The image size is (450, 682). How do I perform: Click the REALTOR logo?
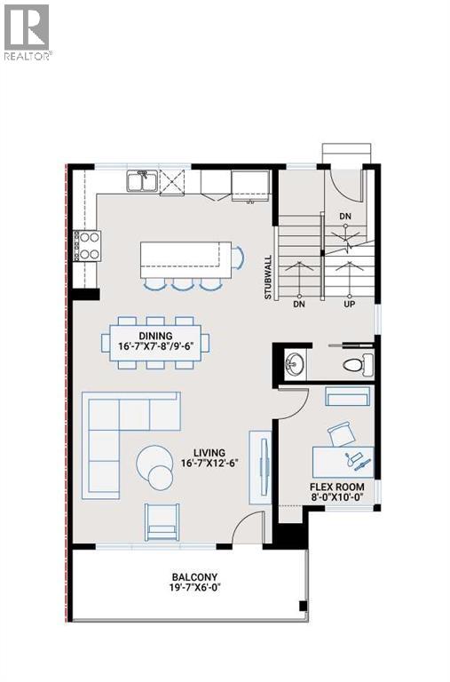point(28,32)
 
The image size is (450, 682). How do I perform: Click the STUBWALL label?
point(267,278)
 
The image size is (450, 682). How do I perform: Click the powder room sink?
point(294,363)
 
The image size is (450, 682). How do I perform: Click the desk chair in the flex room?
point(340,434)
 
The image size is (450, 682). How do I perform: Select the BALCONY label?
point(194,576)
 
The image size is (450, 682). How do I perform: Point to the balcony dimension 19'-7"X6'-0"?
point(194,588)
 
